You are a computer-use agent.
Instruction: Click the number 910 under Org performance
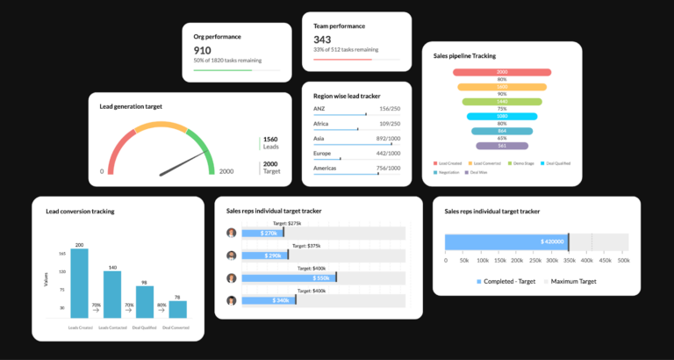pyautogui.click(x=203, y=51)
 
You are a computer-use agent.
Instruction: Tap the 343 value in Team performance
pyautogui.click(x=322, y=40)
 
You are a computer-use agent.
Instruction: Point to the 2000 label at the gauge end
pyautogui.click(x=226, y=172)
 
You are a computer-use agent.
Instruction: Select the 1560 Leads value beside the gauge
pyautogui.click(x=270, y=140)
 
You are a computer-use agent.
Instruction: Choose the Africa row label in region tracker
pyautogui.click(x=322, y=124)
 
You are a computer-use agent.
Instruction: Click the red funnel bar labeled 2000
pyautogui.click(x=502, y=72)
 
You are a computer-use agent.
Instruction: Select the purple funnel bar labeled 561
pyautogui.click(x=502, y=146)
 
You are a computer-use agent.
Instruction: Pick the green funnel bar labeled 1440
pyautogui.click(x=502, y=101)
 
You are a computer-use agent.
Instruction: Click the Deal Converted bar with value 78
pyautogui.click(x=177, y=309)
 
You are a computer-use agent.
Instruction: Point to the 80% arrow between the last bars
pyautogui.click(x=161, y=309)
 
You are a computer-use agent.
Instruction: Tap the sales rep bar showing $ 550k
pyautogui.click(x=289, y=277)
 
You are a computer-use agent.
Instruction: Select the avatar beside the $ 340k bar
pyautogui.click(x=232, y=300)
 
